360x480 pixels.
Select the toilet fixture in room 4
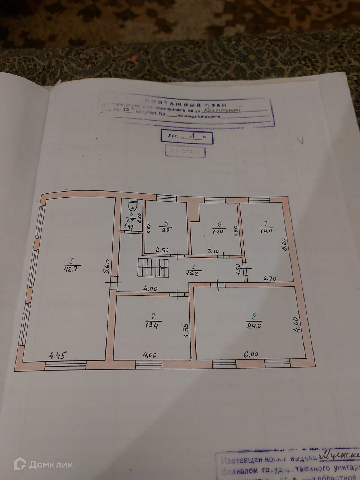pos(133,205)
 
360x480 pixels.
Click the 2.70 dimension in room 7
pos(270,278)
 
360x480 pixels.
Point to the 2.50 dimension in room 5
pos(163,250)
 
